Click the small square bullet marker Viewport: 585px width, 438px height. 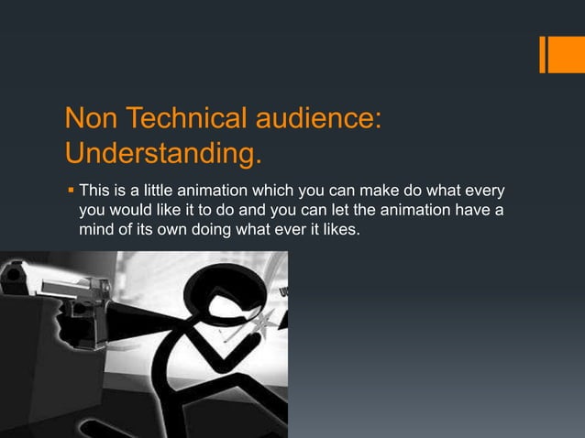click(70, 192)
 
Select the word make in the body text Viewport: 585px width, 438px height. click(387, 192)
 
